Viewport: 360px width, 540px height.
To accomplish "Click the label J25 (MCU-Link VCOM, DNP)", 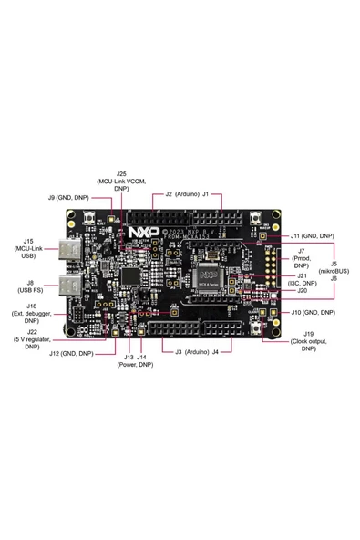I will point(121,181).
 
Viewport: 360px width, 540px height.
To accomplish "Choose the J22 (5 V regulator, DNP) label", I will point(32,338).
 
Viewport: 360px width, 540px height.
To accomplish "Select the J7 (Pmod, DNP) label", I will point(301,257).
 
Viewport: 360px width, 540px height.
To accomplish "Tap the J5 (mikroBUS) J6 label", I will point(334,271).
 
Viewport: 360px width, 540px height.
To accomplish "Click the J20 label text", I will point(302,291).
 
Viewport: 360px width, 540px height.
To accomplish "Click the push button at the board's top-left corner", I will point(94,220).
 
